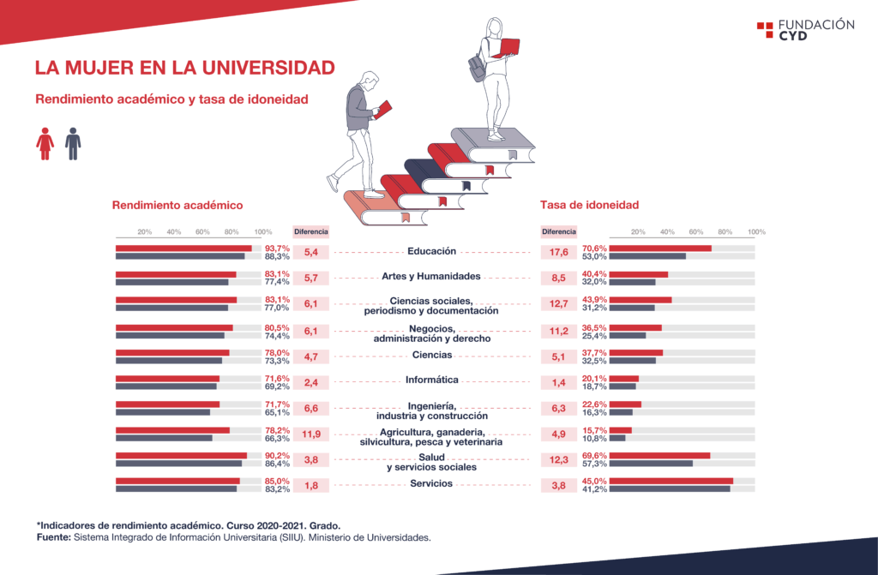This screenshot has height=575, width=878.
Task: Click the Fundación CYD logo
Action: coord(805,30)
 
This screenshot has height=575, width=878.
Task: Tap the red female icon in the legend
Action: coord(45,144)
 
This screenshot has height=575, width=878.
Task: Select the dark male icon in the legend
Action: coord(73,144)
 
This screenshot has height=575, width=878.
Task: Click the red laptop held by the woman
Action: coord(508,48)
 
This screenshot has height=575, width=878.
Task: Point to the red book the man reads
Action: coord(383,110)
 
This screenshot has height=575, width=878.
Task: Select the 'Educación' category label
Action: coord(432,251)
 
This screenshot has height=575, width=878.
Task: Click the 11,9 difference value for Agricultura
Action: coord(311,434)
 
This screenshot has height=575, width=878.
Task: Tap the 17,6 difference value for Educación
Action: coord(559,253)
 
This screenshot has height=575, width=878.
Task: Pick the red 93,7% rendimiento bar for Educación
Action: coord(183,249)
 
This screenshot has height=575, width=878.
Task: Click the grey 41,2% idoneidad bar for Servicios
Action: coord(670,489)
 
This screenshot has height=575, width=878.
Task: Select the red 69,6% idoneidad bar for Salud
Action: coord(660,456)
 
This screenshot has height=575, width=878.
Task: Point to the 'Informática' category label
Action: coord(432,380)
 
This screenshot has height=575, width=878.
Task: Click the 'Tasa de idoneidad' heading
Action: coord(590,205)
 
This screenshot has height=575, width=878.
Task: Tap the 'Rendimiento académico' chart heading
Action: coord(177,206)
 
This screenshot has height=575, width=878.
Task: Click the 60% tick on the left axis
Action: coord(202,231)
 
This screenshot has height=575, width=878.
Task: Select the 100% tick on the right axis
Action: coord(756,231)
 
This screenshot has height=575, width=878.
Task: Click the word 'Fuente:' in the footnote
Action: coord(54,537)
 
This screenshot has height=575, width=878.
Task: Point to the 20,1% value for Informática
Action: coord(594,379)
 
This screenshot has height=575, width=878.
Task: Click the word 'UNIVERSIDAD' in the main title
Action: coord(268,69)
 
